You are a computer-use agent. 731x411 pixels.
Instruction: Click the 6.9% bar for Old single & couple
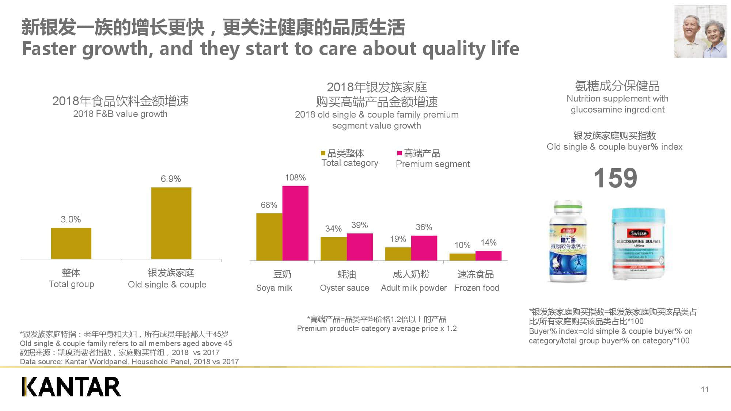tap(171, 223)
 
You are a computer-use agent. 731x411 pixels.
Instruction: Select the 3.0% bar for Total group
tap(71, 243)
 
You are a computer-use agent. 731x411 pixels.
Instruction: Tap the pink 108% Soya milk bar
tap(295, 223)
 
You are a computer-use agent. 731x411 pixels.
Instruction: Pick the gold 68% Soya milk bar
tap(269, 237)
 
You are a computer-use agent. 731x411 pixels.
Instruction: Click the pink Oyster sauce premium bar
tap(360, 247)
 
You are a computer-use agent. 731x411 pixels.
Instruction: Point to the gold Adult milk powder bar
tap(398, 254)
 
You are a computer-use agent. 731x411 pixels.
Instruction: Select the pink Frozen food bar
tap(488, 256)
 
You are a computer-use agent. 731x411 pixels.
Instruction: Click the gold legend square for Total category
tap(323, 153)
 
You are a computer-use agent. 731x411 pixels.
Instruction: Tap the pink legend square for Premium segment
tap(399, 153)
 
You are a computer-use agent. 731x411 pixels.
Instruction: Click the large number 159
tap(615, 178)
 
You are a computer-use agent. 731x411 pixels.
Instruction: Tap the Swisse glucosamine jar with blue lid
tap(638, 243)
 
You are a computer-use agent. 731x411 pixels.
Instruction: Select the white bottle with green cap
tap(568, 241)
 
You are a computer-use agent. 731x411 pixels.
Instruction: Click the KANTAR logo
tap(71, 387)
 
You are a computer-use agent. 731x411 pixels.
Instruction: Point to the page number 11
tap(704, 389)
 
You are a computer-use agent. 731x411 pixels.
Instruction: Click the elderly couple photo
tap(700, 31)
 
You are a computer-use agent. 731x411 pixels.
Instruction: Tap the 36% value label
tap(424, 227)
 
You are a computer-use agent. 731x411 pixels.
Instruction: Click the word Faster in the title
tap(49, 49)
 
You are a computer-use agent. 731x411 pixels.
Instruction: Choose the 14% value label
tap(488, 243)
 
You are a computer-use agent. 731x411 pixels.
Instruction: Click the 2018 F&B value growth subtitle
tap(120, 114)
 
